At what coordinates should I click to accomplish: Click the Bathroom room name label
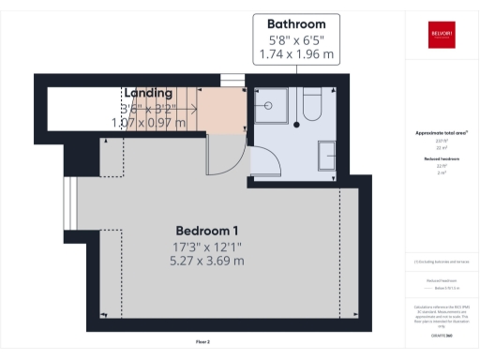tap(295, 23)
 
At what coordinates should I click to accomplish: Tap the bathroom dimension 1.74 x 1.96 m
tap(295, 54)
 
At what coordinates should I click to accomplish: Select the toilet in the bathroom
tap(313, 104)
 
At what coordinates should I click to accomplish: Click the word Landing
tap(149, 93)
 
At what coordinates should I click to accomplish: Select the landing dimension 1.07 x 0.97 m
tap(149, 123)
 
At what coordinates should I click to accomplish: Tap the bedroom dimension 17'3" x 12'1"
tap(207, 247)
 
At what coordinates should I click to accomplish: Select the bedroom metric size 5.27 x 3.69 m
tap(207, 261)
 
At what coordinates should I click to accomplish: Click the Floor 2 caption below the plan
tap(202, 341)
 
